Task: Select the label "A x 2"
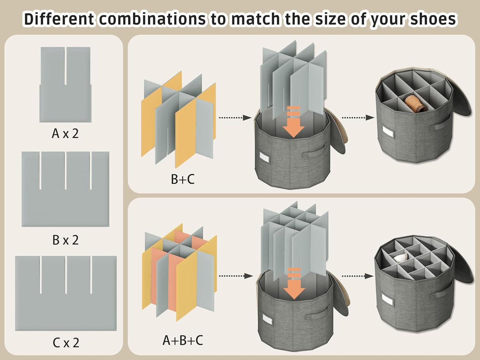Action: tap(65, 133)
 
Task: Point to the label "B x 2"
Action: tap(65, 240)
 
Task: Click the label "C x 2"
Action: tap(66, 342)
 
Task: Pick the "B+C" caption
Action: tap(182, 179)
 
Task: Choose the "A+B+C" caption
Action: tap(183, 340)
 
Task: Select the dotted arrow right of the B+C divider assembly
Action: tap(235, 118)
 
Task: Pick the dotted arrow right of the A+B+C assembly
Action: tap(236, 276)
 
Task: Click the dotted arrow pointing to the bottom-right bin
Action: tap(357, 276)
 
